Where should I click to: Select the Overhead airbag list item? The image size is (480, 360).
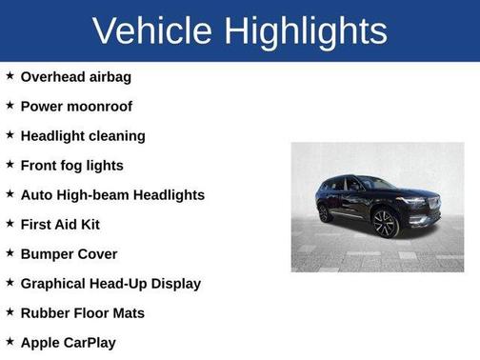pos(75,76)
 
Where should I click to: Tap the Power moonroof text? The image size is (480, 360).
pos(76,106)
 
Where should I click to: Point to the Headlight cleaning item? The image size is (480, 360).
pos(83,135)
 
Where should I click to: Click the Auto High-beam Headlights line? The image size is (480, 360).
pos(112,194)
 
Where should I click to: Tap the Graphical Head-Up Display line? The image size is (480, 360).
pos(110,283)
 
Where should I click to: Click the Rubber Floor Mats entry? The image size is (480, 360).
pos(82,312)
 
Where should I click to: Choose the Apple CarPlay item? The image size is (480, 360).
pos(69,342)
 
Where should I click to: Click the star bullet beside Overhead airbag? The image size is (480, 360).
pos(10,75)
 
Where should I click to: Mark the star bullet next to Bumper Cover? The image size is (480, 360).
pos(10,252)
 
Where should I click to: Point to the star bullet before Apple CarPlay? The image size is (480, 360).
pos(10,341)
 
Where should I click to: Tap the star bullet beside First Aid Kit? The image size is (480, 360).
pos(10,223)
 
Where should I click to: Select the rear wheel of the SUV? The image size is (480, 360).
pos(326,213)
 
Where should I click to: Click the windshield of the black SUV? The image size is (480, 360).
pos(374,184)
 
